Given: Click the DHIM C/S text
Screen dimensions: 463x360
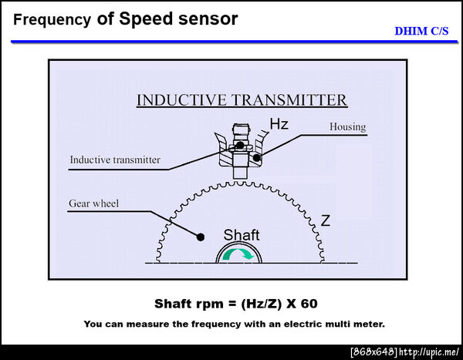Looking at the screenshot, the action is tap(421, 31).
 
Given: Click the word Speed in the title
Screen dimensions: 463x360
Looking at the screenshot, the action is tap(146, 19).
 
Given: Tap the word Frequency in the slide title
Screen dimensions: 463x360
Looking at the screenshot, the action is tap(52, 20).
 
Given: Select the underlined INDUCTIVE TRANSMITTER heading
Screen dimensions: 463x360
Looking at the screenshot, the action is tap(242, 100).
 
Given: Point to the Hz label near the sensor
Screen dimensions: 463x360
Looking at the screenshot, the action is tap(279, 124).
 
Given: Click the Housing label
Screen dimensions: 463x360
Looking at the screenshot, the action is tap(347, 126).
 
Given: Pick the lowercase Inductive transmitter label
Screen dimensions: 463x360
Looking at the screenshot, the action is tap(115, 160).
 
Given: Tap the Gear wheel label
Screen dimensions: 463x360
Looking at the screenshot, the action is tap(94, 204).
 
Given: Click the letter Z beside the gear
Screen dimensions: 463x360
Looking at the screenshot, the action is tap(325, 220).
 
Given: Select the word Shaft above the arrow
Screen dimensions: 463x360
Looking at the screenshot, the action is tap(242, 235).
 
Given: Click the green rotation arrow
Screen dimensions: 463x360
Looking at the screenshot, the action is tap(238, 254).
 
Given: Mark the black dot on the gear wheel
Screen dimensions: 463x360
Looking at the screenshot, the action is tap(201, 237).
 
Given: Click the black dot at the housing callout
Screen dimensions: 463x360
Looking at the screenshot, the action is tap(257, 158).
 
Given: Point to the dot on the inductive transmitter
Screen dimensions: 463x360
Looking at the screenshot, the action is tap(240, 145).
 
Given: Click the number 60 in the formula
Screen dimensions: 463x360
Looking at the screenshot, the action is tap(309, 304).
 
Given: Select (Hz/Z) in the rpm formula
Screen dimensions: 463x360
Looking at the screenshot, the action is tap(262, 304).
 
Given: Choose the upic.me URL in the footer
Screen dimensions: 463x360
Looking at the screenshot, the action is tap(429, 352).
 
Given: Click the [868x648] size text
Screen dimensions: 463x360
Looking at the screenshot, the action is tap(374, 352).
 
